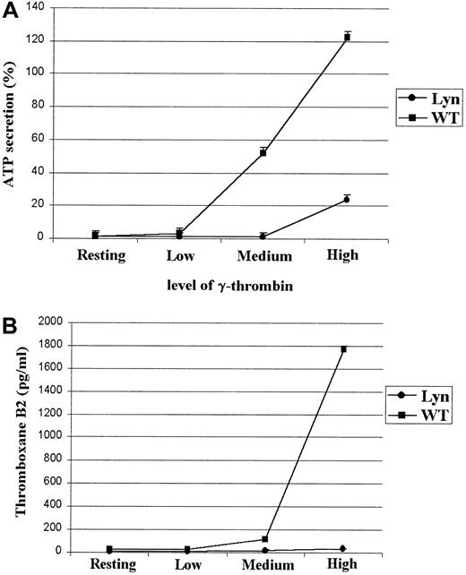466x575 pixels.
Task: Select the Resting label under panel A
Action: click(x=103, y=255)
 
